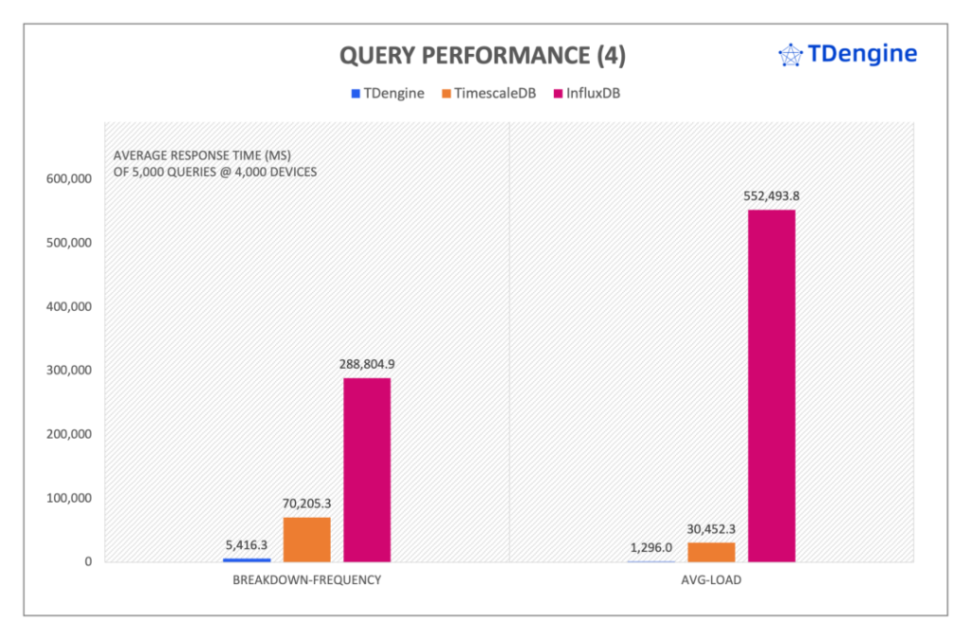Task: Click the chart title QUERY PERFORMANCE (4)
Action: click(483, 56)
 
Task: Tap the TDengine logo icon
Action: click(790, 55)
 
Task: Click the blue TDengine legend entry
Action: click(387, 93)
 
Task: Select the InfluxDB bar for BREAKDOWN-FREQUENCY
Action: click(367, 469)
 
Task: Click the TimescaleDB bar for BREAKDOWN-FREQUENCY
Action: click(306, 539)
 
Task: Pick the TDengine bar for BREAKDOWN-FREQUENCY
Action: click(247, 559)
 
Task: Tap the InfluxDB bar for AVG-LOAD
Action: click(771, 385)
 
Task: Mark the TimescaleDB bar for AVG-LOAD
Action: click(711, 552)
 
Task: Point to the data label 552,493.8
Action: click(771, 196)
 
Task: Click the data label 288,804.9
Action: click(367, 364)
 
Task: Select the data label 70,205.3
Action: click(306, 503)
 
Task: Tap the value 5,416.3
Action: click(247, 545)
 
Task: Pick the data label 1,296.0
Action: click(650, 547)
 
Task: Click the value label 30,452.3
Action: click(711, 529)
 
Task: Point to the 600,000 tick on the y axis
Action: click(66, 178)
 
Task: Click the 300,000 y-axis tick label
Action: click(66, 370)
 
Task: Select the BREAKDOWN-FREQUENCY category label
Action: click(306, 579)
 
